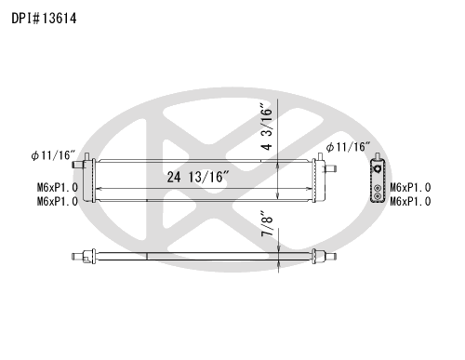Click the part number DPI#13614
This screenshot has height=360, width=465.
click(x=44, y=19)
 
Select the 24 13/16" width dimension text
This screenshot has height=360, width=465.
click(x=198, y=177)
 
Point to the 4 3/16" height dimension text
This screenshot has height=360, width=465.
click(x=267, y=128)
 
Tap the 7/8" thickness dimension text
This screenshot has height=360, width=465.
click(x=267, y=223)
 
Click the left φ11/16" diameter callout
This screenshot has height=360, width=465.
click(x=53, y=155)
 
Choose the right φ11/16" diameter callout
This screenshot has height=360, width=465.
click(x=348, y=147)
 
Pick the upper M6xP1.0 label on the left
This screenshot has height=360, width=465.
click(x=58, y=187)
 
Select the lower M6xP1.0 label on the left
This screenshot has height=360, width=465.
click(x=58, y=201)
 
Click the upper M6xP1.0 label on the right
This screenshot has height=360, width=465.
click(x=410, y=187)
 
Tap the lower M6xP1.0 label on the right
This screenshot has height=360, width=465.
click(x=410, y=201)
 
